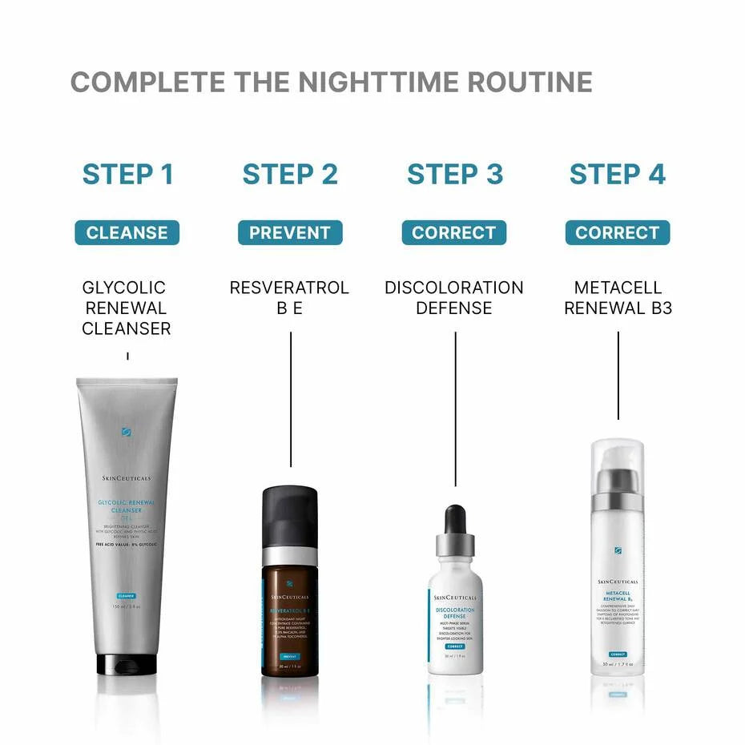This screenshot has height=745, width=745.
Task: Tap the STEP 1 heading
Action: click(x=128, y=174)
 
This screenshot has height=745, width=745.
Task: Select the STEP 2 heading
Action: click(x=290, y=174)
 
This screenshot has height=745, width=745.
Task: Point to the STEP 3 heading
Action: click(x=455, y=174)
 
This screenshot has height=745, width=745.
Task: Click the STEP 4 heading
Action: click(x=618, y=174)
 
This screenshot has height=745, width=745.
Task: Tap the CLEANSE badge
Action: click(x=127, y=233)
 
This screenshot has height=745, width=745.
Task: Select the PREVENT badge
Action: click(x=290, y=233)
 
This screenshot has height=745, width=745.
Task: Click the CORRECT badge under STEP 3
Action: click(x=454, y=233)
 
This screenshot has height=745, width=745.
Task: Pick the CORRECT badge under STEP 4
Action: click(x=618, y=233)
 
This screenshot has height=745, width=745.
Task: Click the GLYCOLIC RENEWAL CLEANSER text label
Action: click(x=127, y=308)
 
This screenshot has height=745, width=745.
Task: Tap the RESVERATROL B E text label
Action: click(x=289, y=297)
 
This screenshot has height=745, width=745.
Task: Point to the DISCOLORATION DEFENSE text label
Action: click(x=454, y=297)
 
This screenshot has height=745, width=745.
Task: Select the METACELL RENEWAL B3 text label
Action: click(x=618, y=297)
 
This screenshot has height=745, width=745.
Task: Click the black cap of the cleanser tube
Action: click(x=127, y=663)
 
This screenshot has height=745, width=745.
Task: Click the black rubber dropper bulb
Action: click(x=455, y=519)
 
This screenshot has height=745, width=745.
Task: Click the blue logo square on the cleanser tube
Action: click(x=127, y=432)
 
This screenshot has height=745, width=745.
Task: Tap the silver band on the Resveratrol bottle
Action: click(x=290, y=556)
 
